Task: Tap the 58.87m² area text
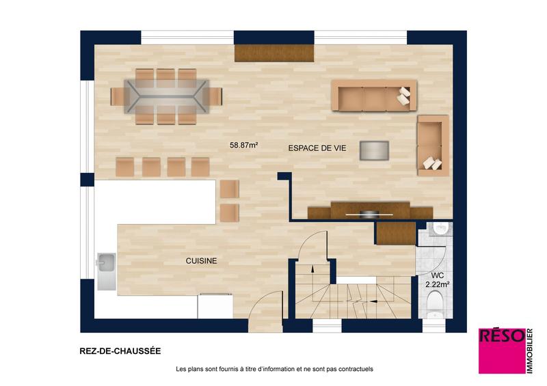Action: [x=243, y=145]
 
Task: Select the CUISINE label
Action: [x=201, y=260]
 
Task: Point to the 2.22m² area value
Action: [x=437, y=284]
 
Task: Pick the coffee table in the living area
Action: [x=375, y=150]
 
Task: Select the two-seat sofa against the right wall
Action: [x=432, y=145]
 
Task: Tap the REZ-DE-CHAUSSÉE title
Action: [x=120, y=351]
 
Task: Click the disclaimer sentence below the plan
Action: [x=274, y=370]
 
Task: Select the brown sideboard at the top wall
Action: [x=273, y=53]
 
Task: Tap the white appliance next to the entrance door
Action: [x=215, y=305]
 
